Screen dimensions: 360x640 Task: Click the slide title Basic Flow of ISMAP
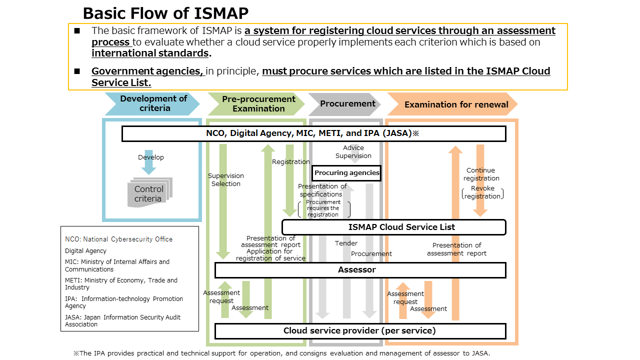click(165, 12)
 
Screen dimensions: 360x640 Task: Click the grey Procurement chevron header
click(346, 104)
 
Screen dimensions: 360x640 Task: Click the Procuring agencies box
click(347, 173)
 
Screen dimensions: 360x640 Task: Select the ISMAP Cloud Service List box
click(394, 227)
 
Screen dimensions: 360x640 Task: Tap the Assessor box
click(360, 270)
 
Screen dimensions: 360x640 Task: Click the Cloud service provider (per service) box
click(360, 331)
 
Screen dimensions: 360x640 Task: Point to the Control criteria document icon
click(148, 193)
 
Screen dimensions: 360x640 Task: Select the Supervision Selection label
click(226, 179)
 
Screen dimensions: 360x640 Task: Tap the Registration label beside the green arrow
click(291, 162)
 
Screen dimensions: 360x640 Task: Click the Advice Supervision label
click(353, 151)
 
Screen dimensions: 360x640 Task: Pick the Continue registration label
click(481, 174)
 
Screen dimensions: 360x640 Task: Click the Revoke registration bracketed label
click(482, 192)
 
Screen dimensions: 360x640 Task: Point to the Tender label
click(346, 243)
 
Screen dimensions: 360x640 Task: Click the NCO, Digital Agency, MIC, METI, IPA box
click(313, 133)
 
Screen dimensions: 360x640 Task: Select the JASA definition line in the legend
click(122, 320)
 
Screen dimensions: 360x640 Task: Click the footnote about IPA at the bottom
click(281, 353)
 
